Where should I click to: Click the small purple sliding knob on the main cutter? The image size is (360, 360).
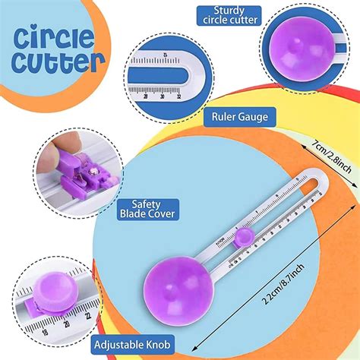pos(244,238)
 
